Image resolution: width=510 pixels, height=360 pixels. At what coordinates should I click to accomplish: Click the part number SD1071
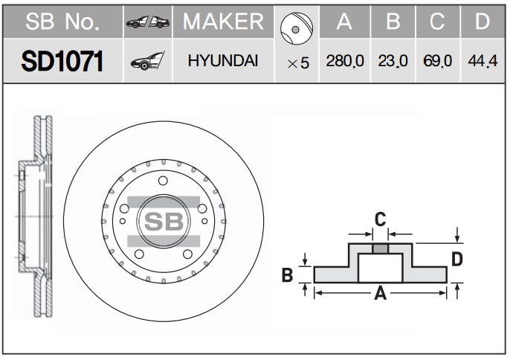(x=62, y=62)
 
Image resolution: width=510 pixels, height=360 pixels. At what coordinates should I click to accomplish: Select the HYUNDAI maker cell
(x=223, y=62)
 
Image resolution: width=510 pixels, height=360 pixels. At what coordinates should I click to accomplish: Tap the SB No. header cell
(x=62, y=22)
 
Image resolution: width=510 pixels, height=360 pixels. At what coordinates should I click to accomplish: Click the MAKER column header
(x=223, y=22)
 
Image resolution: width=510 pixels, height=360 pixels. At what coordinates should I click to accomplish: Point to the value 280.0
(x=344, y=62)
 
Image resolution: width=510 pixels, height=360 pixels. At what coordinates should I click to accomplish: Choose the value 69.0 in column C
(x=437, y=62)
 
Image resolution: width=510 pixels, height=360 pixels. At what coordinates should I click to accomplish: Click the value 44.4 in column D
(x=482, y=62)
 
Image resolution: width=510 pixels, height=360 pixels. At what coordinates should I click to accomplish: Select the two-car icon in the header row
(x=147, y=23)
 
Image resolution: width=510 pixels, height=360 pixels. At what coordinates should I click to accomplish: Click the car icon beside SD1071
(x=147, y=62)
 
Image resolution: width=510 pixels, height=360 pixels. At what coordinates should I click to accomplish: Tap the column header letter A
(x=344, y=22)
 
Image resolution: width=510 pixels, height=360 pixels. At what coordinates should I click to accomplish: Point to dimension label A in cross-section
(x=380, y=294)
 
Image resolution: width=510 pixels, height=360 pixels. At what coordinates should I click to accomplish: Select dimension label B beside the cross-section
(x=287, y=275)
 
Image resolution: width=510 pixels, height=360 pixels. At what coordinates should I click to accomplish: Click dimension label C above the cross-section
(x=379, y=219)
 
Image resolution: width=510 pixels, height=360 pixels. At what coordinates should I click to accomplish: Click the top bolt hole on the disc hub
(x=163, y=181)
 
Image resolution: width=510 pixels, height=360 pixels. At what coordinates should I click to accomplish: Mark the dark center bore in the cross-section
(x=380, y=248)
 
